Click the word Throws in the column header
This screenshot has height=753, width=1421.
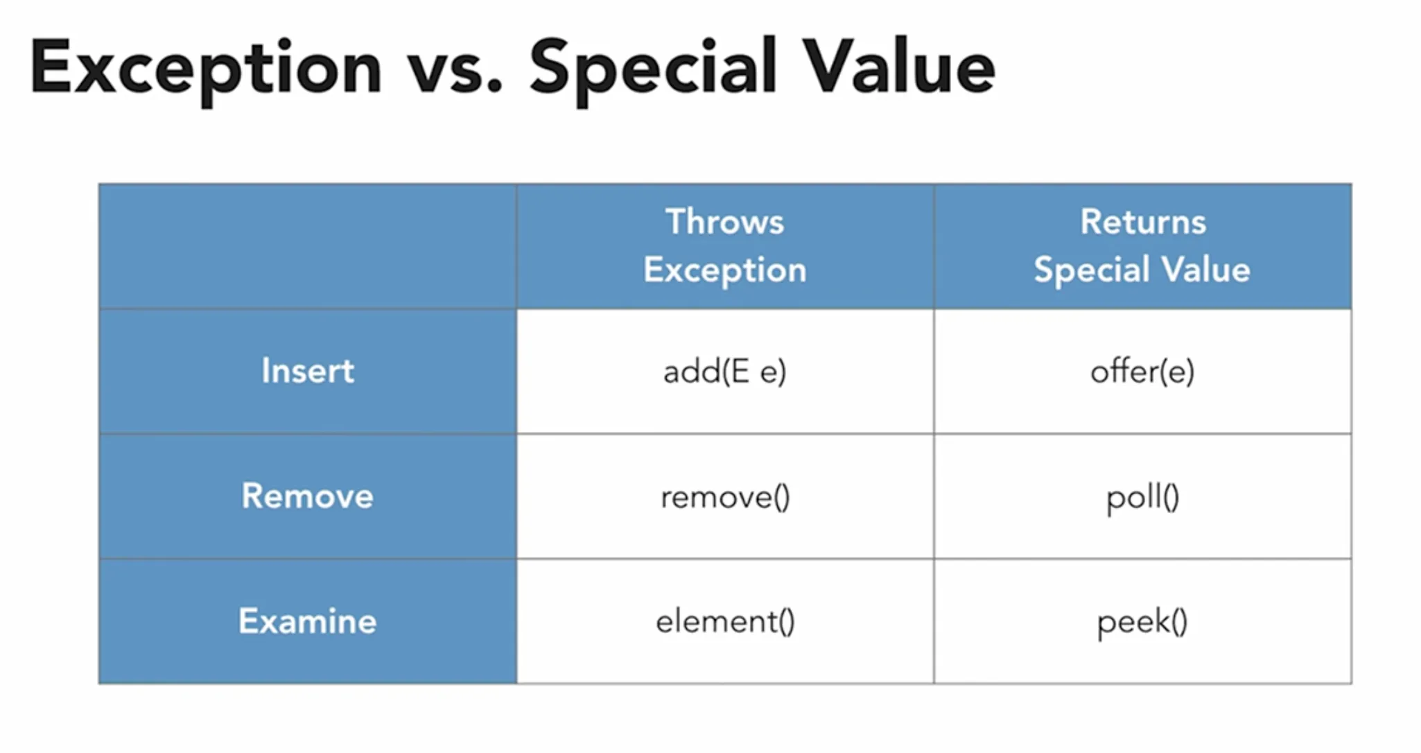point(724,222)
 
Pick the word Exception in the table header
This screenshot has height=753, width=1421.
point(724,270)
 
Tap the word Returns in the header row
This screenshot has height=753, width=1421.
point(1143,222)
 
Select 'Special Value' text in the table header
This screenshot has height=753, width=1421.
point(1142,270)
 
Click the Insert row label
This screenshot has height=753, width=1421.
point(308,371)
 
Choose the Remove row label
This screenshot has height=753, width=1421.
point(308,496)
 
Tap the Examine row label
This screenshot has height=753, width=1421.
point(308,621)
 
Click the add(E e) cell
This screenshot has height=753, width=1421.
point(724,372)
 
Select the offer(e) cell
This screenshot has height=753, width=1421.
point(1142,372)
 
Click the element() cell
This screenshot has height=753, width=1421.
point(724,621)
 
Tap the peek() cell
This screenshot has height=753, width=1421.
point(1142,621)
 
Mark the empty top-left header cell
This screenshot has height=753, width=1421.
point(308,246)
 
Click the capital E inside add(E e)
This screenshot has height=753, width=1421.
point(740,372)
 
